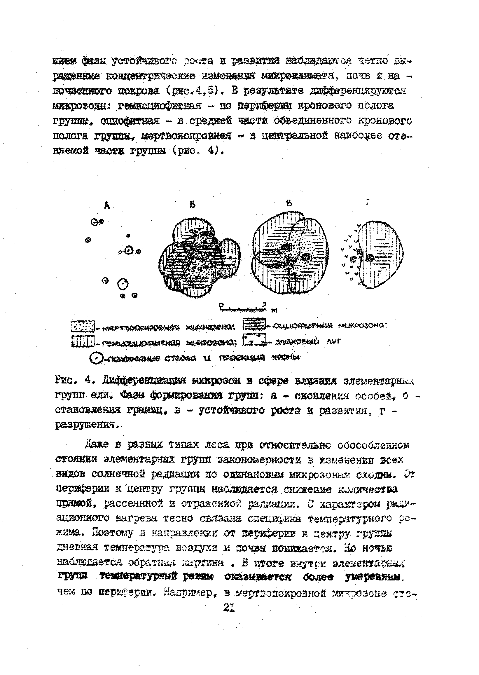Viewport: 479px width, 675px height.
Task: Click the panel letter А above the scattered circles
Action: tap(107, 206)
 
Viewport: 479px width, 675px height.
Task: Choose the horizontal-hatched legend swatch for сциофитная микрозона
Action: tap(254, 324)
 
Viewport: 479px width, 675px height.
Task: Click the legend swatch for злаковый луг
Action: tap(254, 340)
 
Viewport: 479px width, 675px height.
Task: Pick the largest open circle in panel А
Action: tap(123, 285)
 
